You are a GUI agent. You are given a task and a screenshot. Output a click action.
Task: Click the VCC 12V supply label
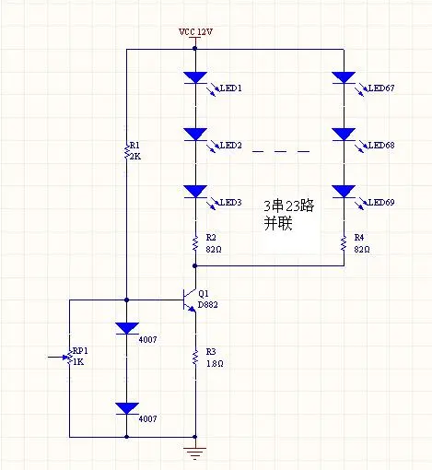coord(195,32)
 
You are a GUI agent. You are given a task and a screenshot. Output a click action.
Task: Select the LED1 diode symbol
coord(195,77)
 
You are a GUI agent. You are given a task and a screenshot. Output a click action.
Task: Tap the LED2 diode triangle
coord(195,135)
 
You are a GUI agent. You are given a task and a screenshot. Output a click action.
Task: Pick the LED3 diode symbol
coord(195,192)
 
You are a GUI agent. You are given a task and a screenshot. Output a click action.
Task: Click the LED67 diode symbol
coord(344,77)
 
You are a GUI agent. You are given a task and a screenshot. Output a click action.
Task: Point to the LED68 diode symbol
coord(344,135)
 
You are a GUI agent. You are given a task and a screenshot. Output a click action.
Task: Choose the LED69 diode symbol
coord(344,192)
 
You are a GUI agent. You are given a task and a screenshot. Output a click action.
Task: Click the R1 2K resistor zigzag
coord(126,150)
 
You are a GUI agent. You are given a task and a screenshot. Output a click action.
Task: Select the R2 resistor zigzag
coord(195,243)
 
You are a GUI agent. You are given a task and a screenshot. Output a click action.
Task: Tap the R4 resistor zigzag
coord(344,243)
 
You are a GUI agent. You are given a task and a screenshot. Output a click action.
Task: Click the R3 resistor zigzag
coord(195,358)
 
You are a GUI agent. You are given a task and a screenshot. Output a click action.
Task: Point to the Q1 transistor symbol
coord(190,300)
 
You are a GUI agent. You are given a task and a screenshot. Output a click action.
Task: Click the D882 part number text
coord(208,305)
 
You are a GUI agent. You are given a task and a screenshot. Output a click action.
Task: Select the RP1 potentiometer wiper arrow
coord(58,358)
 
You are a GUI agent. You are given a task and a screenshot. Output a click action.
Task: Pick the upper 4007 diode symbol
coord(126,328)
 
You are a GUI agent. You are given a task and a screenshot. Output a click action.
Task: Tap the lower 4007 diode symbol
coord(126,408)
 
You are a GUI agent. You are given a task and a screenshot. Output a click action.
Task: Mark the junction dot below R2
coord(195,265)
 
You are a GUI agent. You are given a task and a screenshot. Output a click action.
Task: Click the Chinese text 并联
coord(278,223)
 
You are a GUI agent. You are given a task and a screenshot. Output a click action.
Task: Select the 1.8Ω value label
coord(215,364)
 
